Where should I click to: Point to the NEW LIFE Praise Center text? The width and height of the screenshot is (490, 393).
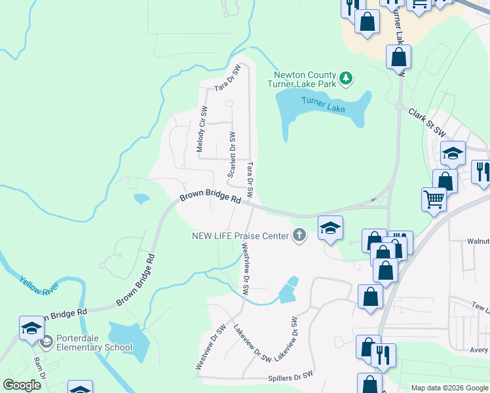240,235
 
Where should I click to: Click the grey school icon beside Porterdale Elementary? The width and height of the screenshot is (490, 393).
46,342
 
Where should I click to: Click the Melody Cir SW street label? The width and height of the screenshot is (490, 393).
202,130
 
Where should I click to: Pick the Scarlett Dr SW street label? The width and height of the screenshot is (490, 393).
231,154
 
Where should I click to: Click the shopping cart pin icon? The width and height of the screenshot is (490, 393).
434,199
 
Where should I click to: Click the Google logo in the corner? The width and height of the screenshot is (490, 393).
22,385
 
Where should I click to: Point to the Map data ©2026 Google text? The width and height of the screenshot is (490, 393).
449,388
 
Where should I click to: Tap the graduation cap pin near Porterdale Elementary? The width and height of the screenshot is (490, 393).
31,328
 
